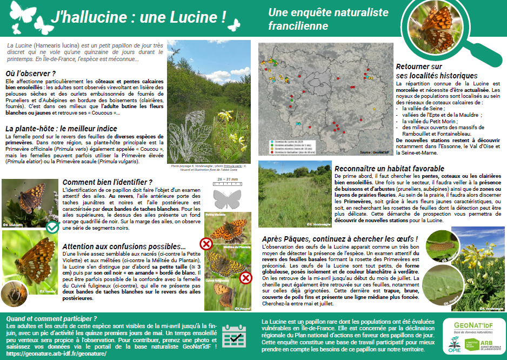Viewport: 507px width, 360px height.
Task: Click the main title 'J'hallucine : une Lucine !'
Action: pyautogui.click(x=138, y=17)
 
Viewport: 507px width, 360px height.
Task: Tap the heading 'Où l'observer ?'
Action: pyautogui.click(x=31, y=73)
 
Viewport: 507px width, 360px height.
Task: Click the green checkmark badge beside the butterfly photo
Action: pyautogui.click(x=52, y=227)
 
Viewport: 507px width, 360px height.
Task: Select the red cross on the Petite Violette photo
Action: pyautogui.click(x=205, y=243)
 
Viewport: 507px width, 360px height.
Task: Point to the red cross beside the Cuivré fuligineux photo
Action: pyautogui.click(x=245, y=278)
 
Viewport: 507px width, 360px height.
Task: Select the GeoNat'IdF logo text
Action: pyautogui.click(x=473, y=325)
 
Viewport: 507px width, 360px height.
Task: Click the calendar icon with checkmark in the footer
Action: pyautogui.click(x=235, y=338)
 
